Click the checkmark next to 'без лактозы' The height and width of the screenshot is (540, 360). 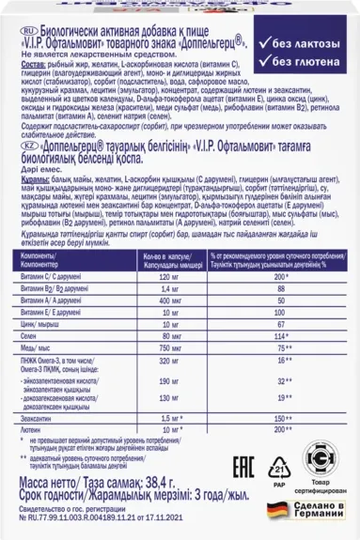pyautogui.click(x=269, y=47)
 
